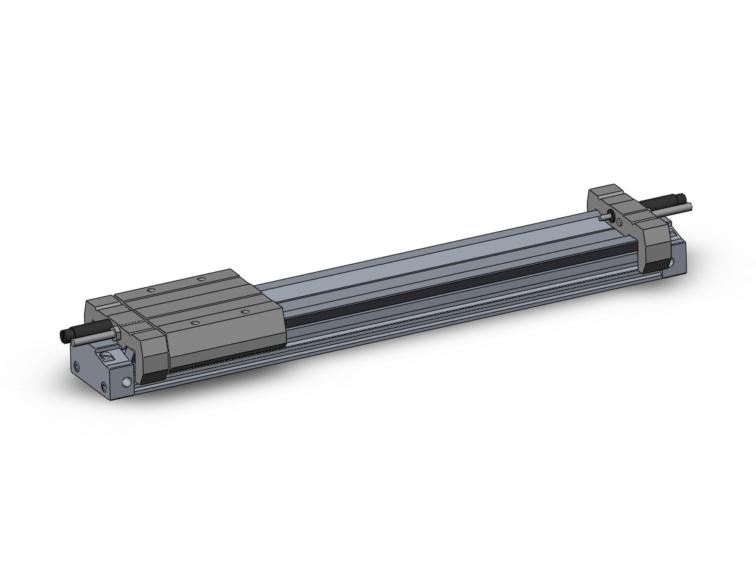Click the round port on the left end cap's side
[x=126, y=383]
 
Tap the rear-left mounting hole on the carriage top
[x=150, y=291]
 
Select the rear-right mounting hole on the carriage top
[x=201, y=279]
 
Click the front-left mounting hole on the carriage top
[x=194, y=322]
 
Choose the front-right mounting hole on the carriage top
[x=245, y=312]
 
